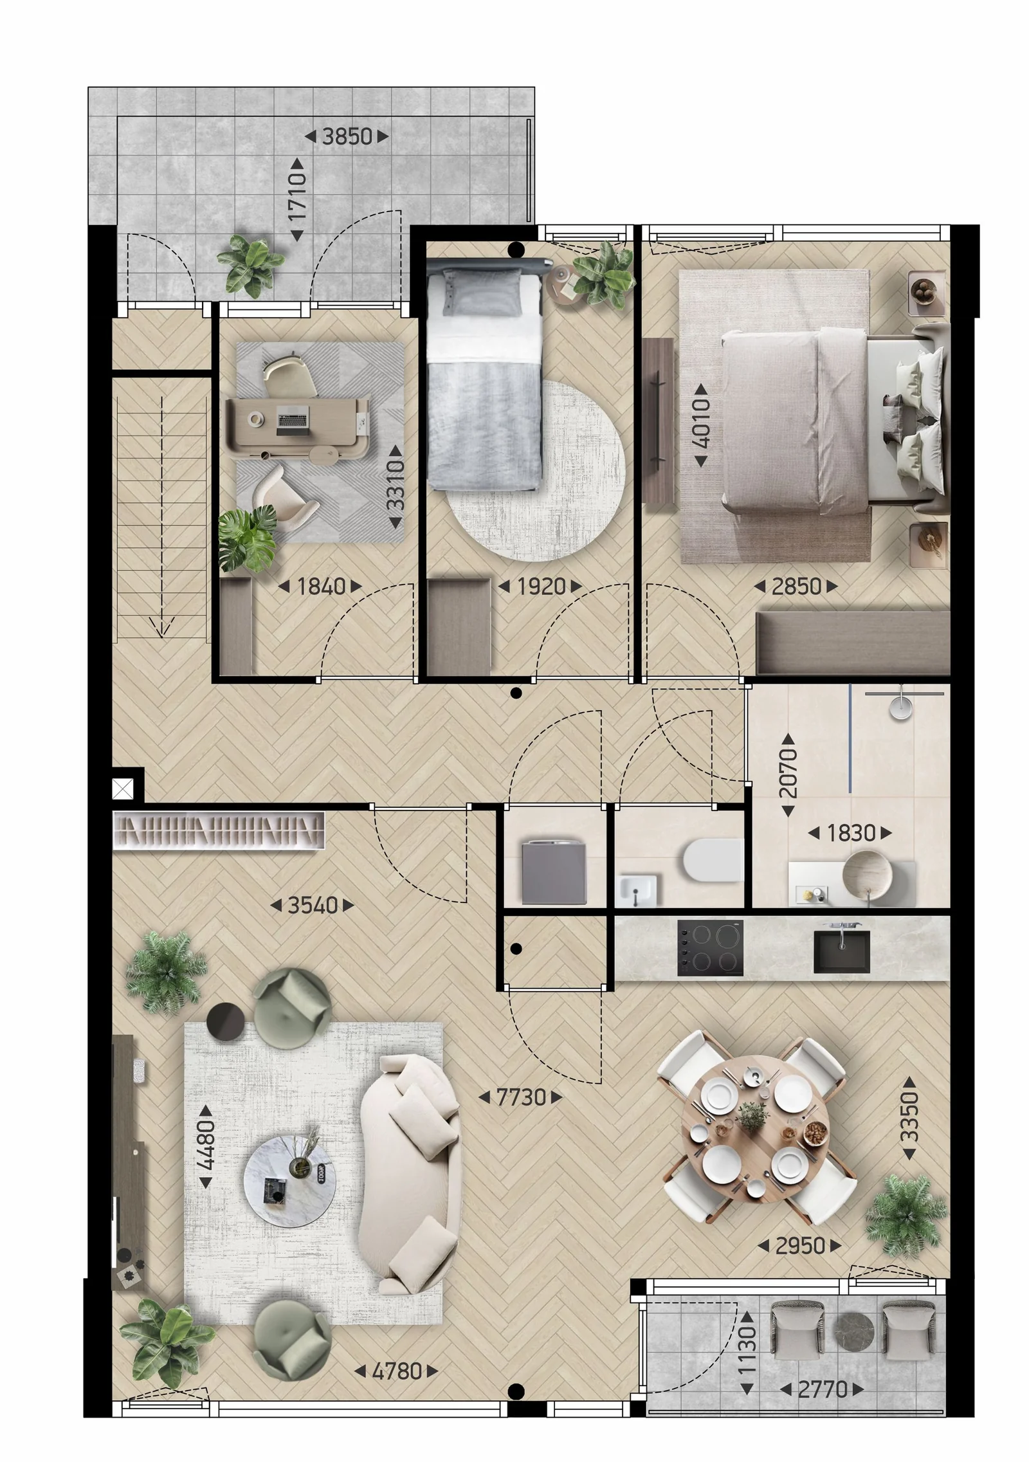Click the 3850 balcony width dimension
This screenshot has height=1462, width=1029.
(347, 136)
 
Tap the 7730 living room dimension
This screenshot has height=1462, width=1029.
(521, 1097)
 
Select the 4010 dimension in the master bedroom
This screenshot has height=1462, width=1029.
(701, 425)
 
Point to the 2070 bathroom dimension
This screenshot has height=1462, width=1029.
(788, 774)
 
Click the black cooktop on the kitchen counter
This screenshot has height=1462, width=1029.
(710, 947)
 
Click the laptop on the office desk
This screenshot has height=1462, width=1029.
(293, 421)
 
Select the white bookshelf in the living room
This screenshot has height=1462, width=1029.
(219, 830)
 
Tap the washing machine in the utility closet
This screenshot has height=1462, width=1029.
(554, 872)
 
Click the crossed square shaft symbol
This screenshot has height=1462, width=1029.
(123, 788)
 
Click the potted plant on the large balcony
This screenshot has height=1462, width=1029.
(251, 265)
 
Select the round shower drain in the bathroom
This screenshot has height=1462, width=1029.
(901, 707)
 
